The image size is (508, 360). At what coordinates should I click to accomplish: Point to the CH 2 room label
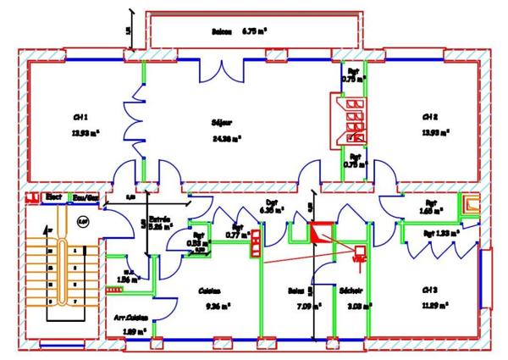(430, 117)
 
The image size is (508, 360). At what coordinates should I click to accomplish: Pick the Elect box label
(54, 197)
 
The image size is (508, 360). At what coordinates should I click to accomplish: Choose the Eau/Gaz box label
(84, 197)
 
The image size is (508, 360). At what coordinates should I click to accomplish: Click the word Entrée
(161, 219)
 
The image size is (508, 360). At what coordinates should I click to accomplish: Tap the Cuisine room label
(210, 290)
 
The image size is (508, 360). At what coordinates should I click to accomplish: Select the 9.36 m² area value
(212, 306)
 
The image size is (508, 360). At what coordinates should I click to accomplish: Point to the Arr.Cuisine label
(131, 318)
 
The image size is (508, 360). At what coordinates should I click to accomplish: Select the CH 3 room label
(431, 290)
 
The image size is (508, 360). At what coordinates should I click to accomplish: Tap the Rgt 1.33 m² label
(440, 231)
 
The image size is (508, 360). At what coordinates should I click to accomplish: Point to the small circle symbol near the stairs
(83, 221)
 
